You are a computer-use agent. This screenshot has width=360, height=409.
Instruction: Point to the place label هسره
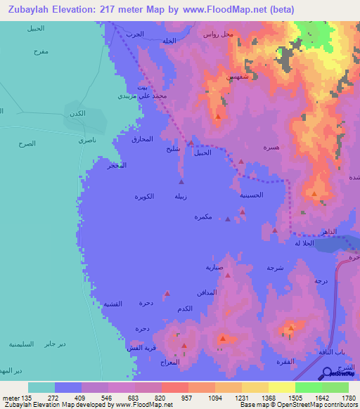click(270, 149)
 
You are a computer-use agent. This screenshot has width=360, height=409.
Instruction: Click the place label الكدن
click(77, 114)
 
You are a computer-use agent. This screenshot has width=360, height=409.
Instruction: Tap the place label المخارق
click(142, 139)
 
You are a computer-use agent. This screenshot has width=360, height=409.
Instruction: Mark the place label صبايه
click(214, 267)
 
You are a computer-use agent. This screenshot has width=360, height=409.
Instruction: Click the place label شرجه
click(275, 268)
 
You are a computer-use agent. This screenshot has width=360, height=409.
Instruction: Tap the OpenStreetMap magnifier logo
click(328, 374)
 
